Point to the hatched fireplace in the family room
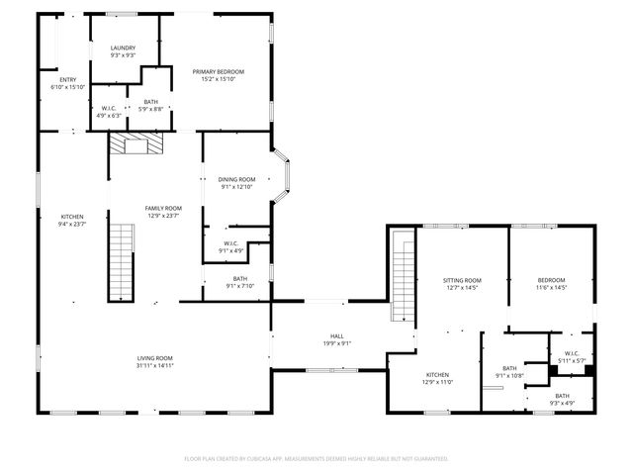(x=133, y=145)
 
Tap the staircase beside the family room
(x=120, y=262)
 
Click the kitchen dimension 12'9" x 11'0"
(x=437, y=381)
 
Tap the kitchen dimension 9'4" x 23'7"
(x=72, y=224)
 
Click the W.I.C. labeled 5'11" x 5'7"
(x=571, y=360)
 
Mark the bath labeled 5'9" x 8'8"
(x=150, y=105)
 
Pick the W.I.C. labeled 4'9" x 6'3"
(x=109, y=112)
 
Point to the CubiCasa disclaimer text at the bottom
(x=316, y=458)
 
